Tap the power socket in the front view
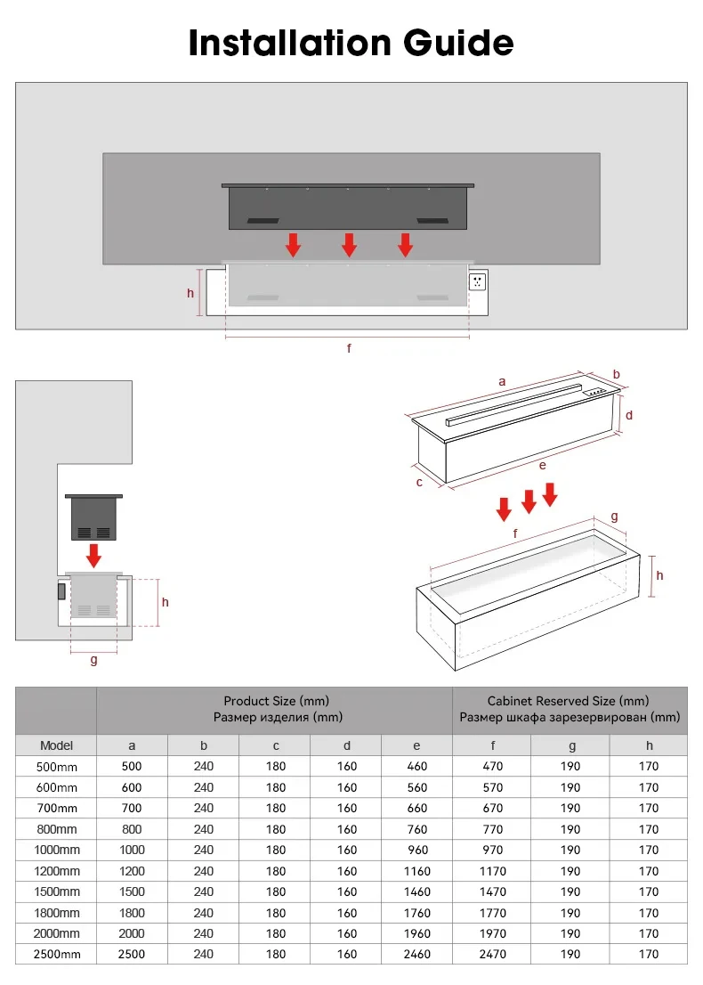pyautogui.click(x=478, y=281)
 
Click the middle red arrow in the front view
pyautogui.click(x=349, y=245)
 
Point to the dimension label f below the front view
pyautogui.click(x=349, y=349)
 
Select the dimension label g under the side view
pyautogui.click(x=93, y=660)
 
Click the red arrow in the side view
pyautogui.click(x=93, y=555)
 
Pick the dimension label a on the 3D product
pyautogui.click(x=502, y=381)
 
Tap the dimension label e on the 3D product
pyautogui.click(x=542, y=464)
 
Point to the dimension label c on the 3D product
pyautogui.click(x=419, y=482)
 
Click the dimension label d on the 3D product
pyautogui.click(x=628, y=415)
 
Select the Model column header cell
pyautogui.click(x=56, y=745)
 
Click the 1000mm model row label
pyautogui.click(x=56, y=851)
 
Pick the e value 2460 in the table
pyautogui.click(x=416, y=955)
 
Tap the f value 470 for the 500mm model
pyautogui.click(x=492, y=766)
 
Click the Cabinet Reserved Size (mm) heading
pyautogui.click(x=569, y=702)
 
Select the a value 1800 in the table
pyautogui.click(x=133, y=913)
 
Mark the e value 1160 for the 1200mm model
pyautogui.click(x=416, y=871)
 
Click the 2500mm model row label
pyautogui.click(x=56, y=955)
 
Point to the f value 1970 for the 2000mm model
pyautogui.click(x=492, y=933)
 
